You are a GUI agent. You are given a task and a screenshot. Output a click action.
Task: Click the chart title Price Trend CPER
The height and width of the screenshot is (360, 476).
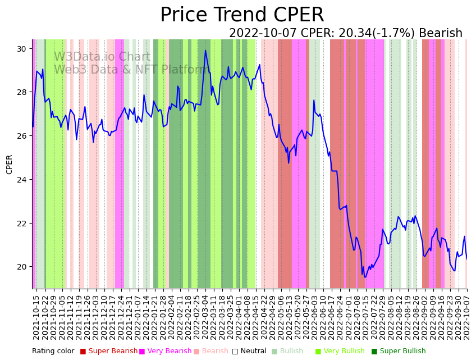coord(242,15)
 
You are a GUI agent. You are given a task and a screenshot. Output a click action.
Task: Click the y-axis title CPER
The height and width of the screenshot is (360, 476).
coord(10,164)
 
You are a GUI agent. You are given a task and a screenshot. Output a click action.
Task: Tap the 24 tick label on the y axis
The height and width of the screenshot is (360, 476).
coord(22,180)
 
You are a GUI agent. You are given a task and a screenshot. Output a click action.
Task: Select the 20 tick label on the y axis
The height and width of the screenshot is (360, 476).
coord(22,267)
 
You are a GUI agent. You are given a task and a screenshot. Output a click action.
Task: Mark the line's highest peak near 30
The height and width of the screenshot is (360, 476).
coord(205,51)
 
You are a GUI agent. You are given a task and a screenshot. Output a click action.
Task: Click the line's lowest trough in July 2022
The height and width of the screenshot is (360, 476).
coord(365,277)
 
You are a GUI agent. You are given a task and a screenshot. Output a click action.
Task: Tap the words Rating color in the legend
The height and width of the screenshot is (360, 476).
coord(53,352)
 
